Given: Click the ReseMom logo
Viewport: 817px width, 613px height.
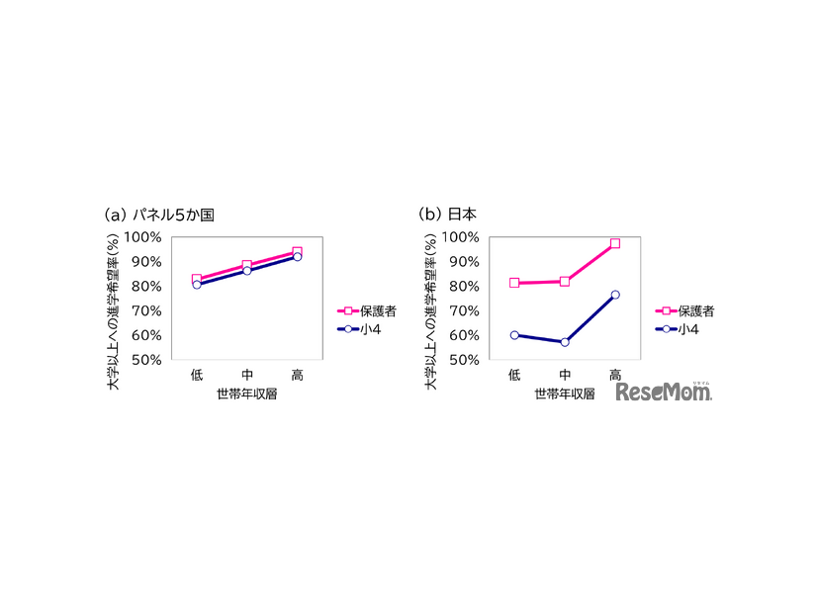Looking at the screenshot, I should click(x=664, y=393).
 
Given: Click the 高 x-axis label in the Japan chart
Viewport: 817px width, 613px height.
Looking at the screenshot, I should click(x=615, y=375).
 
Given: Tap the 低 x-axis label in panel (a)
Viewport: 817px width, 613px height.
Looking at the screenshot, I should click(x=197, y=375).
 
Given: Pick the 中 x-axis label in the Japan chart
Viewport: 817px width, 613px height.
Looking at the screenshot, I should click(x=565, y=375).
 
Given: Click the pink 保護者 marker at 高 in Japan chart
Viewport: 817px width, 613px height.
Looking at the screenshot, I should click(x=615, y=243).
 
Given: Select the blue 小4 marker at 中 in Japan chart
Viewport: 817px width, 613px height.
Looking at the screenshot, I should click(x=565, y=342).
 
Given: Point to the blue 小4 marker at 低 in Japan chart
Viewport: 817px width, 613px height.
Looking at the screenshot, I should click(x=514, y=335).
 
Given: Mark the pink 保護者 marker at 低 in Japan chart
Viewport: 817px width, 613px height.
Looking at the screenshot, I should click(x=514, y=283).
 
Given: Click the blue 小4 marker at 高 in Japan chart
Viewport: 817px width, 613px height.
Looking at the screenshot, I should click(x=615, y=295).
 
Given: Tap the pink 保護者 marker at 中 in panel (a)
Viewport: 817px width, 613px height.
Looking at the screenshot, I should click(x=247, y=265).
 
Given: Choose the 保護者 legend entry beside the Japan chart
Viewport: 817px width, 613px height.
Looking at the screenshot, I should click(x=682, y=310).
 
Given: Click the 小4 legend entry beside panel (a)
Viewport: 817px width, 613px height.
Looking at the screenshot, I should click(x=366, y=328).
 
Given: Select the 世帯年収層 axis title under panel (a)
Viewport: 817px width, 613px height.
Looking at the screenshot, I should click(x=246, y=393).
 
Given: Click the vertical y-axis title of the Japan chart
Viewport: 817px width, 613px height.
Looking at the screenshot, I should click(x=431, y=298).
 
